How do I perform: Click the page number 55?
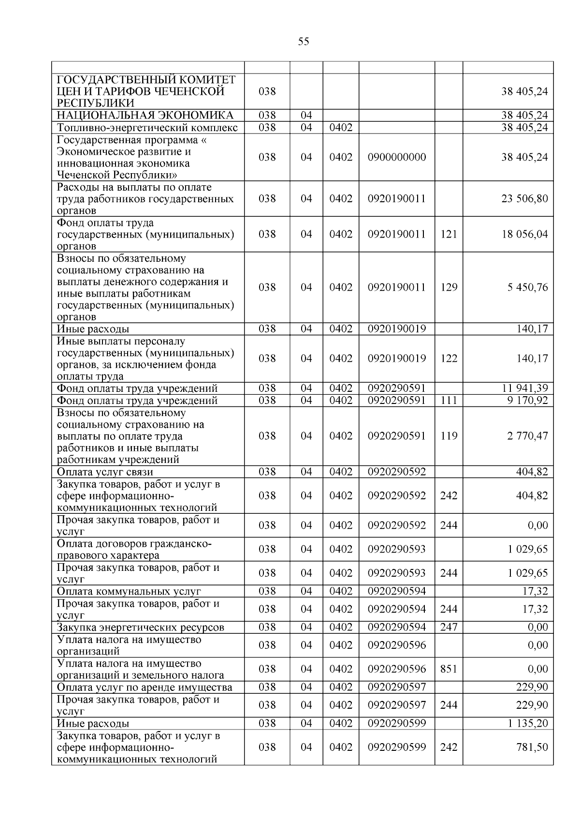point(304,42)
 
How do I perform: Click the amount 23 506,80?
point(524,199)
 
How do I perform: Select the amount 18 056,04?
point(524,234)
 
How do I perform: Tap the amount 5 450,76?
point(528,287)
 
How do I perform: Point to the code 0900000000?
point(397,157)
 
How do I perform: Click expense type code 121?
point(449,234)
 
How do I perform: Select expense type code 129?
point(449,287)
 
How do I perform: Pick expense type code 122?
point(449,358)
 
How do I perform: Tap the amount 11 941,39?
point(524,388)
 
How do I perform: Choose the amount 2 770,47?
point(528,436)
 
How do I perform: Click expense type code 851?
point(449,669)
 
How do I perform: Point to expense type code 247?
point(449,627)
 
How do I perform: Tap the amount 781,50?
point(532,747)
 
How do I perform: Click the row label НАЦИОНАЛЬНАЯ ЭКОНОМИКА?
point(145,115)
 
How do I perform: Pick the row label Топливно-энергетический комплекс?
point(147,128)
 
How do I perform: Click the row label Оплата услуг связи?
point(105,472)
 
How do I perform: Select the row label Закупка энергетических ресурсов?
point(141,627)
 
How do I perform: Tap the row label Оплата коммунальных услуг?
point(129,591)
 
